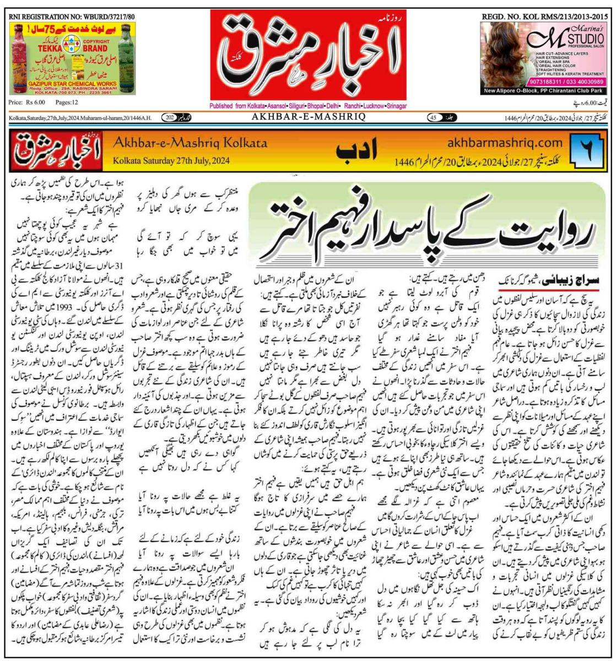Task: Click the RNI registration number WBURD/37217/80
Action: [72, 16]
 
